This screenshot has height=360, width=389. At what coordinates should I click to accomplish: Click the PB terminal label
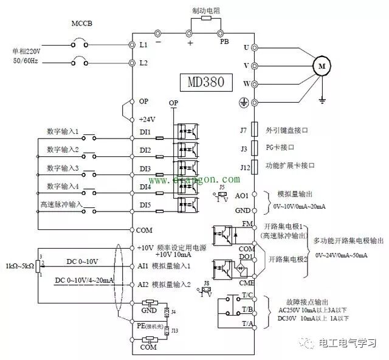[224, 42]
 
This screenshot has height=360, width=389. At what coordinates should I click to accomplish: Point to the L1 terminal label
[143, 45]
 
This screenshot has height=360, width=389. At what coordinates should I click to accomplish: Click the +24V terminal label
[146, 119]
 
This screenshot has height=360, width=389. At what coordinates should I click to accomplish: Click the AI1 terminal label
[145, 266]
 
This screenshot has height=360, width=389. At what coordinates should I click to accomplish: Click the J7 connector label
[243, 130]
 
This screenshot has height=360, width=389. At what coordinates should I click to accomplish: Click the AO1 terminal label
[242, 196]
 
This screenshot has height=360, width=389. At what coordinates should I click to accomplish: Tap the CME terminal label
[247, 282]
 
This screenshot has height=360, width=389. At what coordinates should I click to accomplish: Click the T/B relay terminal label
[247, 309]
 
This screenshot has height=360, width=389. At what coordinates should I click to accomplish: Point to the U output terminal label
[246, 47]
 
